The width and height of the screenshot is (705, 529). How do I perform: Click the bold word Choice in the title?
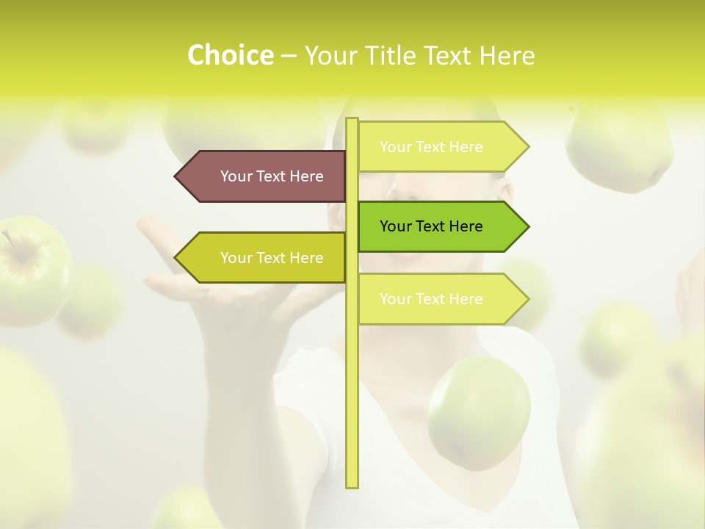[230, 56]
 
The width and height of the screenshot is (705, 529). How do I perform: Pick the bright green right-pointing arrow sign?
[441, 226]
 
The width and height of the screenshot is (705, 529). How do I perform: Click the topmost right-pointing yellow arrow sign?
[441, 147]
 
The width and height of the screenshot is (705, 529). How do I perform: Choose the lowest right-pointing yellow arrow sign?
[441, 299]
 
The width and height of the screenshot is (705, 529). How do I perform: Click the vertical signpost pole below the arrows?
[352, 411]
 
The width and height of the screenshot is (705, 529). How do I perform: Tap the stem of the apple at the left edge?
[10, 242]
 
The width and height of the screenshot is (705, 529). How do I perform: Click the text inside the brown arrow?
[272, 176]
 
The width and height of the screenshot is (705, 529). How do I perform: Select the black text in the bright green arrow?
[431, 226]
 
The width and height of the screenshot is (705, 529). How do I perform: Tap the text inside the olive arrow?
[272, 258]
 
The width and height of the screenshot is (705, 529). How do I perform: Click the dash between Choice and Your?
[289, 57]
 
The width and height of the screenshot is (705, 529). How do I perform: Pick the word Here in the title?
[507, 56]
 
